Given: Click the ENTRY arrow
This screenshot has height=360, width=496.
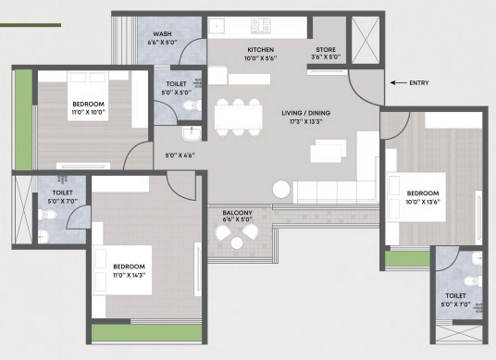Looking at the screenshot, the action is click(x=398, y=83).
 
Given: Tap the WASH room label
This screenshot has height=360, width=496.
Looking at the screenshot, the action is click(x=162, y=34).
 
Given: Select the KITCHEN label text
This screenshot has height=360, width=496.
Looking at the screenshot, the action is click(x=261, y=50).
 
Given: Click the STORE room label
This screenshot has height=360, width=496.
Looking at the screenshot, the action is click(x=326, y=50).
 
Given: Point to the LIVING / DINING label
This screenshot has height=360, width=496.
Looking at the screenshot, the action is click(x=306, y=113).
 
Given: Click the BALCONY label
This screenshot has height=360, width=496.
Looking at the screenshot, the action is click(x=237, y=213).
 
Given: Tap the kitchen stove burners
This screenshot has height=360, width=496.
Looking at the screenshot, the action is click(x=261, y=25).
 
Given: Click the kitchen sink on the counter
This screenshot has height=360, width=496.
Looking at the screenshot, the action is click(x=217, y=25).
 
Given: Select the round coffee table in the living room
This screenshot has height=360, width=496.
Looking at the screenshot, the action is click(x=281, y=189).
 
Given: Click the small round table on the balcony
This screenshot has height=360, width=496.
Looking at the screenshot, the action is click(x=237, y=243).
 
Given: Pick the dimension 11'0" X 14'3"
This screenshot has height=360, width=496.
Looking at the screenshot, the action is click(x=129, y=275).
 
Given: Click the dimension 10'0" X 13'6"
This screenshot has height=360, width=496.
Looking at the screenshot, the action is click(x=423, y=202).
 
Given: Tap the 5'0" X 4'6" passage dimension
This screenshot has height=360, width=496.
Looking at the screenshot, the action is click(x=180, y=155).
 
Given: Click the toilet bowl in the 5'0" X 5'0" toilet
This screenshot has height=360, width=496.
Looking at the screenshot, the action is click(x=191, y=105).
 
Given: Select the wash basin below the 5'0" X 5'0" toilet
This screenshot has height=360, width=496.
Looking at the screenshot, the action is click(x=192, y=133).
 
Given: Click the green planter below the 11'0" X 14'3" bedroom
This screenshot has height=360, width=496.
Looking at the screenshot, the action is click(x=147, y=333).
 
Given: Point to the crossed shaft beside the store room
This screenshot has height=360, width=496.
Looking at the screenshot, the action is click(x=366, y=40).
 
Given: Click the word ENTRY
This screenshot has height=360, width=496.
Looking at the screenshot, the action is click(x=419, y=83).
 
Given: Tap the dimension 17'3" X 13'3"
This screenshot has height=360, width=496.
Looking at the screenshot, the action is click(x=305, y=121).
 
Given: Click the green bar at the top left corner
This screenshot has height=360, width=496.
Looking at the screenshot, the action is click(x=31, y=25).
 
